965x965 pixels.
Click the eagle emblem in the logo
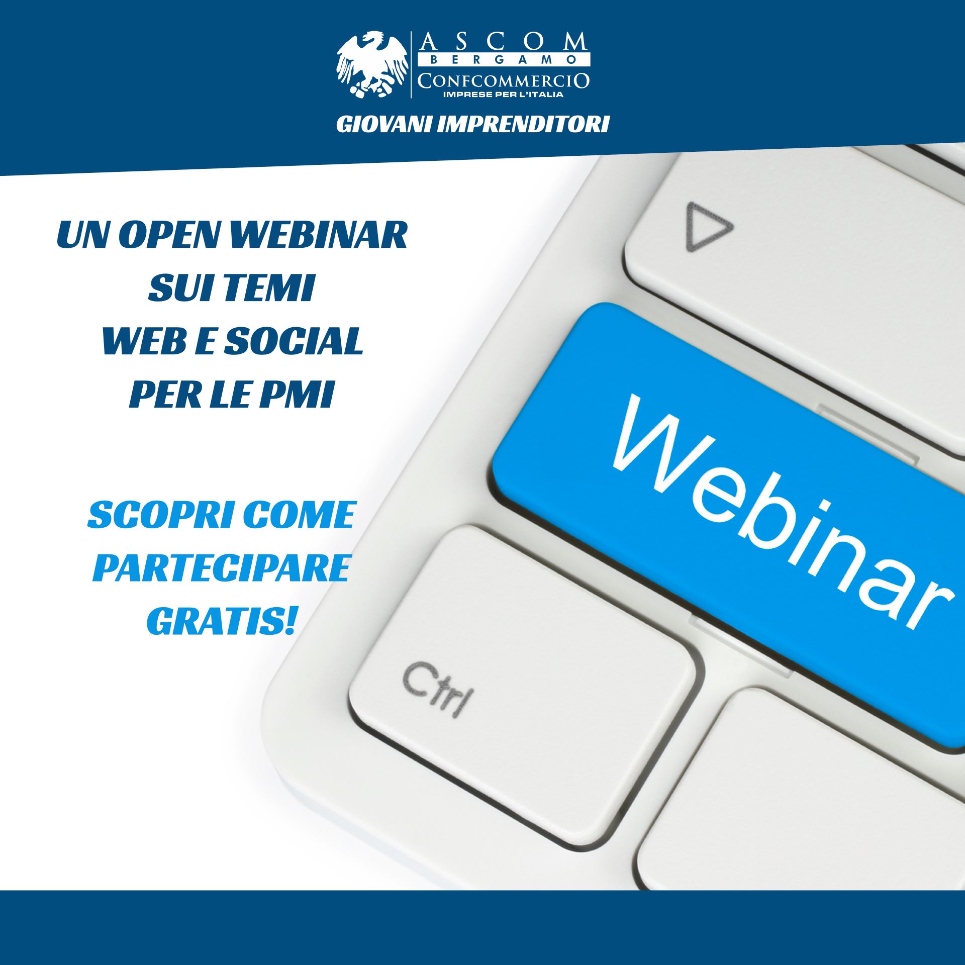[372, 64]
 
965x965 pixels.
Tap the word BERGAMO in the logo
[504, 60]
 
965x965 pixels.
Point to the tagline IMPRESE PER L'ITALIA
[503, 94]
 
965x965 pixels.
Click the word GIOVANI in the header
[383, 125]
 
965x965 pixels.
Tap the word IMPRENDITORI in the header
[523, 125]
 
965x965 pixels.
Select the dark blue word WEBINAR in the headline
[318, 234]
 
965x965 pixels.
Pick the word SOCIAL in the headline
[294, 341]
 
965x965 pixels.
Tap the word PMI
[297, 395]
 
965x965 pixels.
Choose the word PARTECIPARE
[221, 568]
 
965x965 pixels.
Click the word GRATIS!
[221, 621]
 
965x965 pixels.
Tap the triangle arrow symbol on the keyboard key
[708, 227]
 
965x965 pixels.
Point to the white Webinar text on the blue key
[782, 513]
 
